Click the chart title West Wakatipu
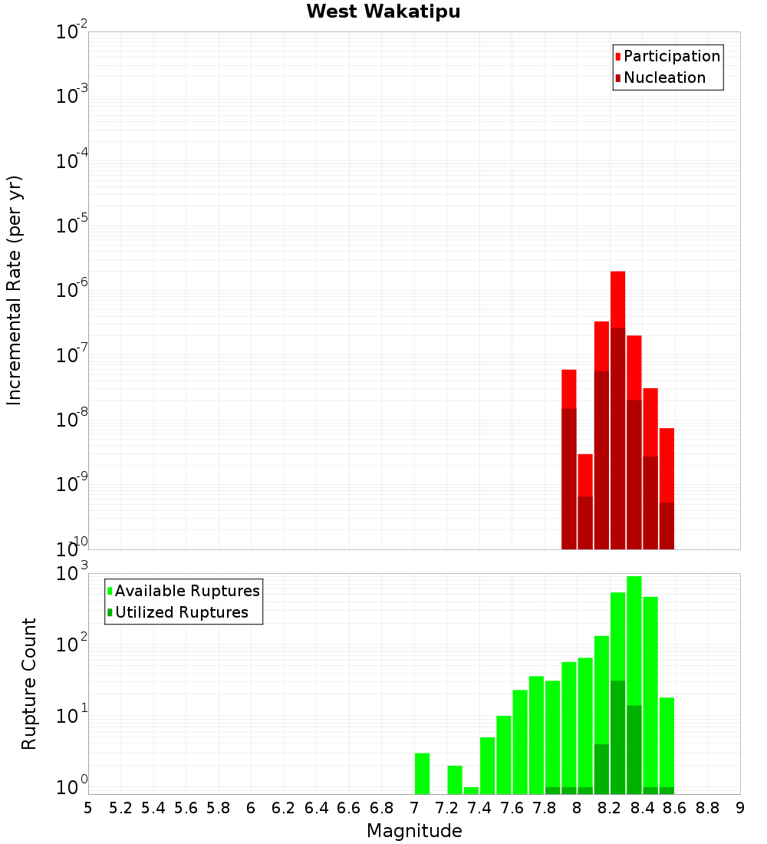[383, 12]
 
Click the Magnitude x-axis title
[414, 831]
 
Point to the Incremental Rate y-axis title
[15, 290]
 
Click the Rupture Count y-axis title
[29, 683]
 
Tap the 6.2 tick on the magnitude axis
[284, 808]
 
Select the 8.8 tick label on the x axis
[707, 808]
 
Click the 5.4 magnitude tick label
[153, 808]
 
